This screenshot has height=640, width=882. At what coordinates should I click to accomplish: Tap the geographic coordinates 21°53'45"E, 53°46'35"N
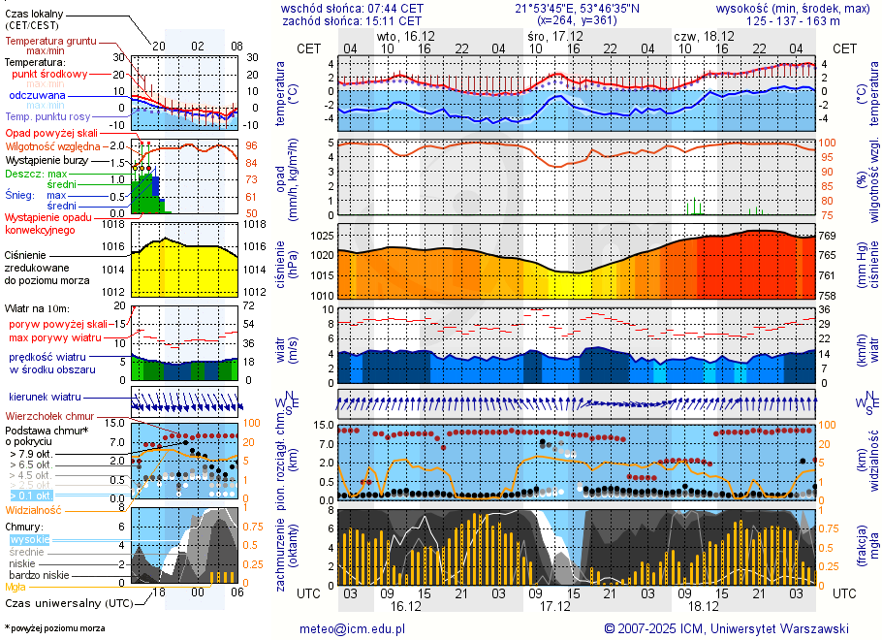point(570,8)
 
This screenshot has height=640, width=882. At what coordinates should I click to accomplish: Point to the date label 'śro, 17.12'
point(549,35)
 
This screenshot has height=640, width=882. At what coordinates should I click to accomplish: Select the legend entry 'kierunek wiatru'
point(45,397)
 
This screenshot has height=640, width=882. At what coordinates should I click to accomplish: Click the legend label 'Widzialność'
point(34,509)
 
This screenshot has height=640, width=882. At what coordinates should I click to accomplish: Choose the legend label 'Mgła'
point(16,587)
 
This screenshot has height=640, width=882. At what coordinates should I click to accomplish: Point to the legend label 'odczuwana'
point(37,95)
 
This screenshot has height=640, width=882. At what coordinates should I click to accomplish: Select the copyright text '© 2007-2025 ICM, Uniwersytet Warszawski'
point(726,628)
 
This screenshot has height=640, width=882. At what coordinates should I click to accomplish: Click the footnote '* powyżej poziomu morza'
point(54,628)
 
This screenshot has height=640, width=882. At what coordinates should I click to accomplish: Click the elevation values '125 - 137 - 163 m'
point(793,20)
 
